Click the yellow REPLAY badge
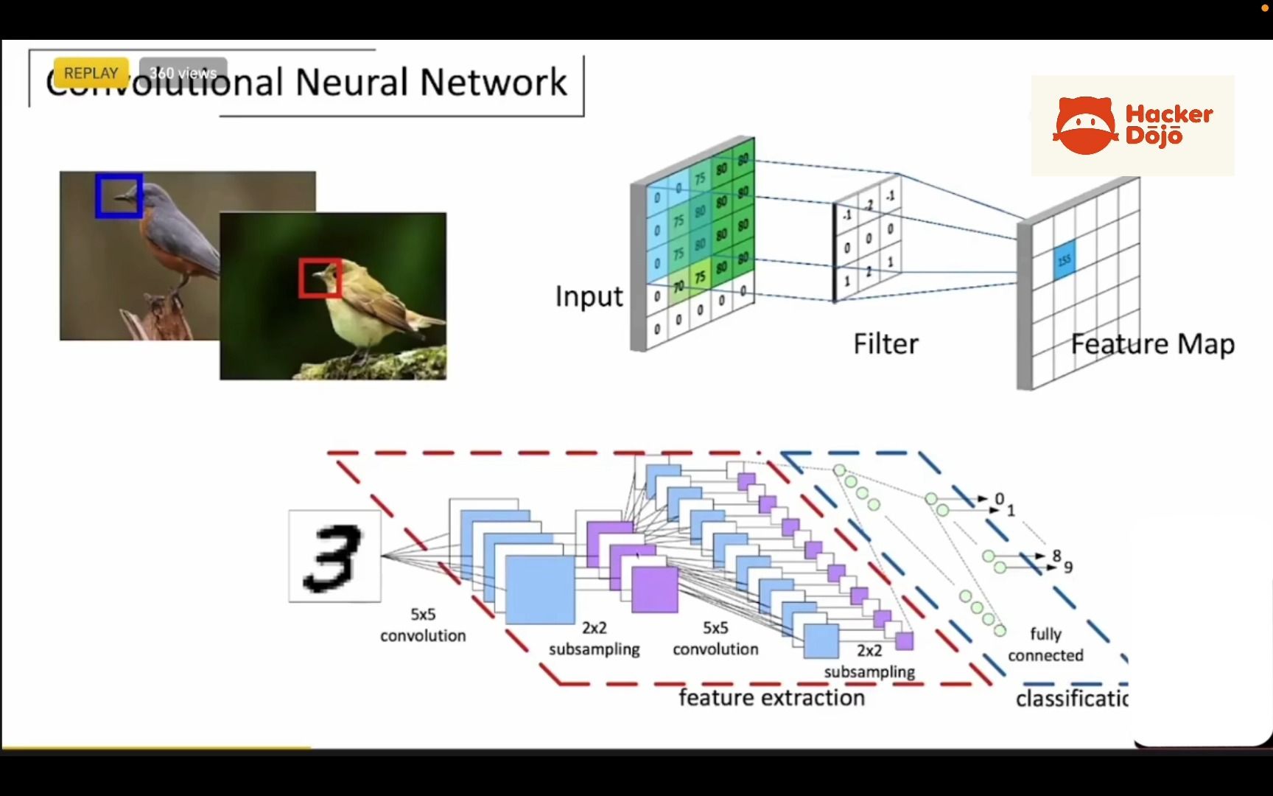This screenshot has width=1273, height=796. [91, 73]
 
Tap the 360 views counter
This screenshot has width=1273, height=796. [183, 73]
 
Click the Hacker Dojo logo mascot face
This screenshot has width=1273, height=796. [1084, 126]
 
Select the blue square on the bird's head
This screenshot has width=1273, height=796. [119, 195]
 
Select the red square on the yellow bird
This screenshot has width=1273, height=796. [320, 278]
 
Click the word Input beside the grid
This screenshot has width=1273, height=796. [589, 296]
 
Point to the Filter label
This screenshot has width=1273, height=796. [886, 344]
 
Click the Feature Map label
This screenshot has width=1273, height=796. [1152, 344]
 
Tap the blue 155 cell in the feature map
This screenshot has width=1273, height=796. [1064, 260]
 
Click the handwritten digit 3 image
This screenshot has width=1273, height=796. [334, 556]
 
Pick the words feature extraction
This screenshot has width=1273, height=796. [771, 697]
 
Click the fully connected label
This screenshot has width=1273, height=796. [1045, 644]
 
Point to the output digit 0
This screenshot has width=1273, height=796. [999, 499]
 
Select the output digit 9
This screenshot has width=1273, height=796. [1068, 567]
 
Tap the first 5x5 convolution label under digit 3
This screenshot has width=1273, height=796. [423, 624]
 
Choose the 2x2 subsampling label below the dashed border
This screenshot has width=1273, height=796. [869, 661]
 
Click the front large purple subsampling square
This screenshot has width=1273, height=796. [655, 589]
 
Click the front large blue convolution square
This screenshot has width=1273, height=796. [540, 590]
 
